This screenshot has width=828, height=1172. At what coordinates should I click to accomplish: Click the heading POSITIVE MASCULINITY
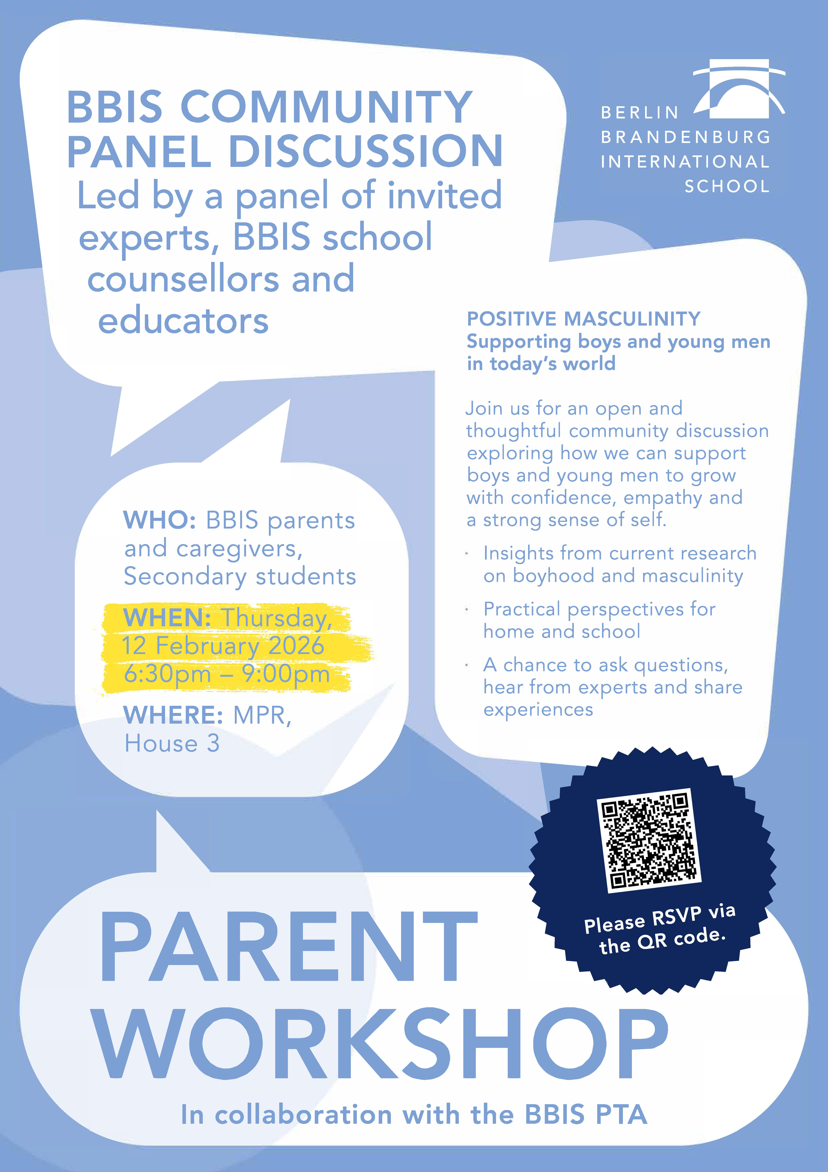click(584, 319)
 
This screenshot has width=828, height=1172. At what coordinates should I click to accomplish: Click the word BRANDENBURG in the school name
click(686, 137)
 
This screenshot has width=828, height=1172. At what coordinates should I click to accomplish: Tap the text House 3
click(172, 743)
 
